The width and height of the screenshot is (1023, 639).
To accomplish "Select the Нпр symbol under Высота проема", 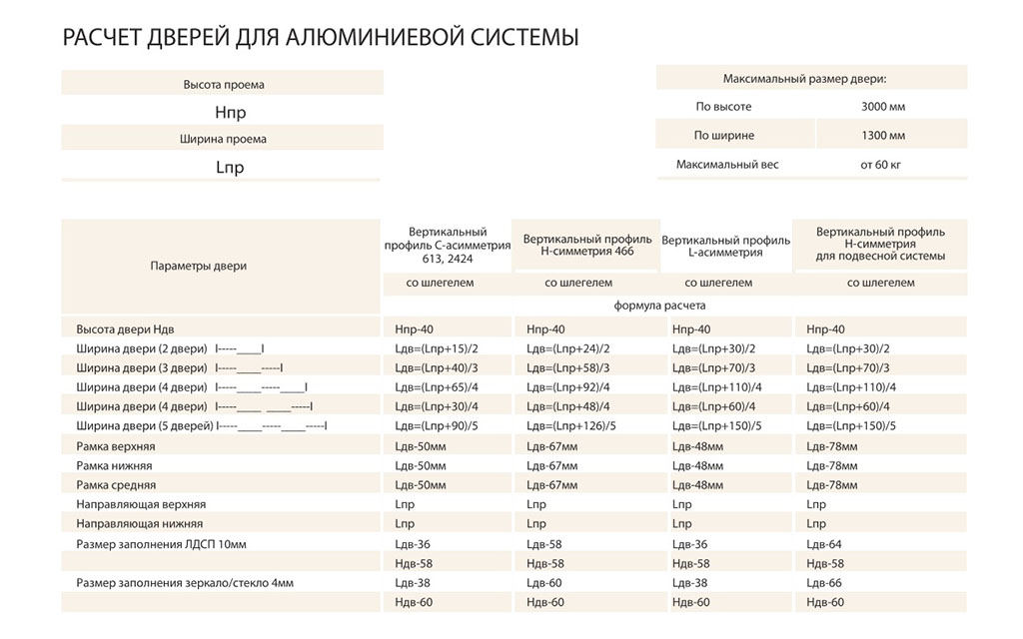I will coord(230,113).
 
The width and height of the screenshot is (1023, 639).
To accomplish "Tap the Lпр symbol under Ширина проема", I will coord(230,167).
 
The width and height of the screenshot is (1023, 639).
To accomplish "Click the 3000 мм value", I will coord(883,107).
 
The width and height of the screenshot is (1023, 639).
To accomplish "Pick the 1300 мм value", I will coord(883,135).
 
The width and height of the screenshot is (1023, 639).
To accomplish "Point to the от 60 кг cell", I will coord(880,164).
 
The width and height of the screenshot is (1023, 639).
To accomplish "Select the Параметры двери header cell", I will coord(199,266).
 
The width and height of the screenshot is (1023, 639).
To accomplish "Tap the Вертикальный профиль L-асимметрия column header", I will coord(725,246).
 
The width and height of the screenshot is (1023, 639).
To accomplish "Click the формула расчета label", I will coord(657,306).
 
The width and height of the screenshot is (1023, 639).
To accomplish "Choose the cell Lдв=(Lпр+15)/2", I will coord(438,348).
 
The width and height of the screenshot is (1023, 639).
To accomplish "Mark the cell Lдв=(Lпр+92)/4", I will coord(567,387).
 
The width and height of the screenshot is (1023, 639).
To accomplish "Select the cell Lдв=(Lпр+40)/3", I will coord(438,368).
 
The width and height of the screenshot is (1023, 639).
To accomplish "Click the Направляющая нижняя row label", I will coord(139,523).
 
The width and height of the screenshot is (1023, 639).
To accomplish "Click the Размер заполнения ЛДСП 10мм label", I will coord(160,544).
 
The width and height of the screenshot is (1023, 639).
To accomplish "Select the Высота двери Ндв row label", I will coord(131,329).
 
